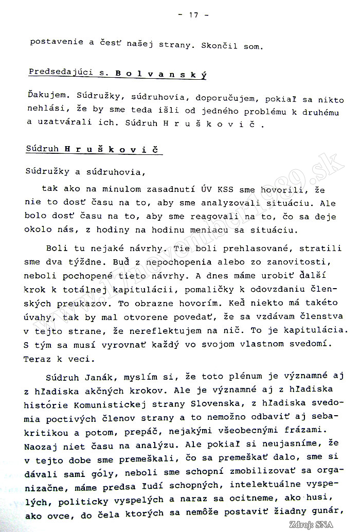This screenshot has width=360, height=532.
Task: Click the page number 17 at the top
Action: click(x=193, y=15)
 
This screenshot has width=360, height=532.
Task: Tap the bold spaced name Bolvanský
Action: click(x=154, y=74)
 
